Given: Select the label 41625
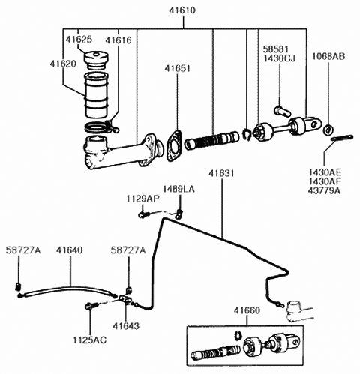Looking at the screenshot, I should click(x=78, y=38).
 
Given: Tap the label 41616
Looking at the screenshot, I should click(x=118, y=38).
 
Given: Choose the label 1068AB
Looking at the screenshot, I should click(x=329, y=55).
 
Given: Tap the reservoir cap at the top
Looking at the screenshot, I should click(x=98, y=59).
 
